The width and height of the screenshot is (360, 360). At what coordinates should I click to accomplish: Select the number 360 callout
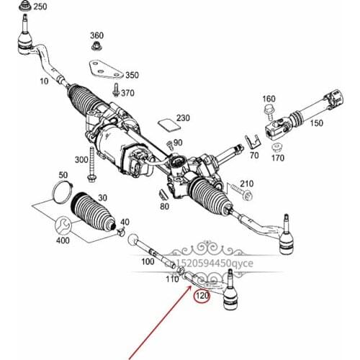[97, 35]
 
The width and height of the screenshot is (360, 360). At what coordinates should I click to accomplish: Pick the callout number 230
[183, 118]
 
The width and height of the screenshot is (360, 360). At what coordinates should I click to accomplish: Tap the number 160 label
[269, 99]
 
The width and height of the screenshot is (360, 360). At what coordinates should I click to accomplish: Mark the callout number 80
[165, 207]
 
